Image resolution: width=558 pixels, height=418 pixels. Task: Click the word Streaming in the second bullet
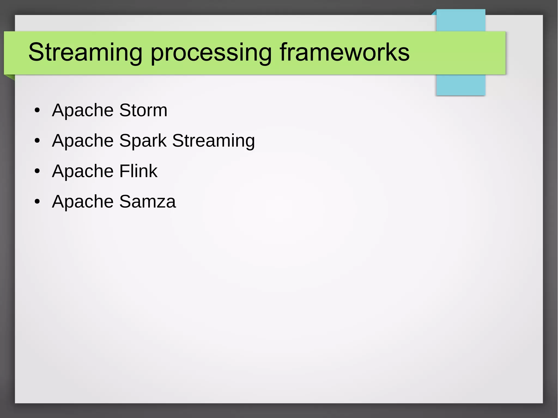213,141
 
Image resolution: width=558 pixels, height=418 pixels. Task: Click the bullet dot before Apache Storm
37,111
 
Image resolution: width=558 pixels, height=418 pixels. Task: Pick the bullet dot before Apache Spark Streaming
37,141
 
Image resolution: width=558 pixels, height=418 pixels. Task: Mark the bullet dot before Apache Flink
37,172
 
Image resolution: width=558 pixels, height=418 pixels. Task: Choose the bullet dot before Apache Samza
37,202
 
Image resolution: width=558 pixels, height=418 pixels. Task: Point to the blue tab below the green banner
460,85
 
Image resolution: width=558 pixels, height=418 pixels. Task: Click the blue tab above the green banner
460,20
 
